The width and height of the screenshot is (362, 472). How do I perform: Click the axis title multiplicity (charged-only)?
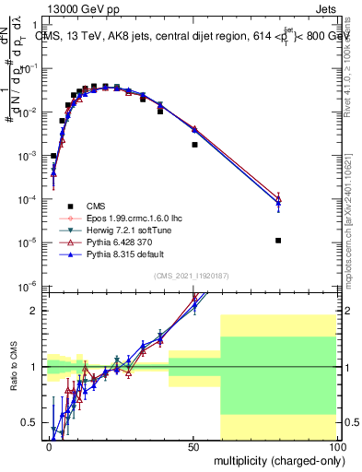[274, 459]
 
